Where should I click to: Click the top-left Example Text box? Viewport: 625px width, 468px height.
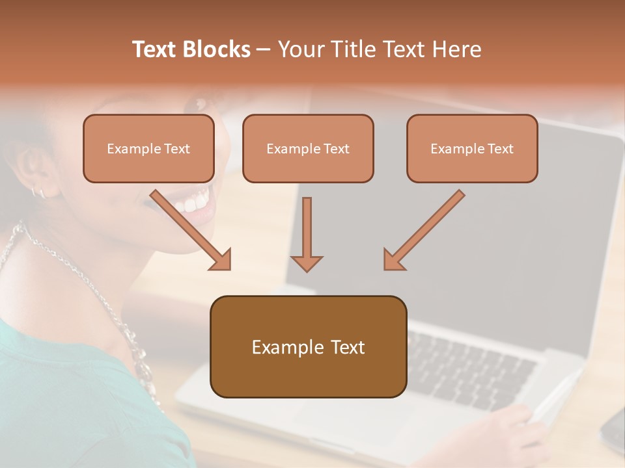tap(148, 149)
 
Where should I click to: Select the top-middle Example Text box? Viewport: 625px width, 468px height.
tap(308, 149)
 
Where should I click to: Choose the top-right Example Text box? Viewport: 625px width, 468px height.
tap(472, 149)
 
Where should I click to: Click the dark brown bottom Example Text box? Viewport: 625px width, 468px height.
tap(308, 347)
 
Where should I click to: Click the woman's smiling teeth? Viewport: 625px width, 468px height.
tap(194, 203)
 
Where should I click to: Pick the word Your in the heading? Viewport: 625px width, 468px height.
tap(301, 49)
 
